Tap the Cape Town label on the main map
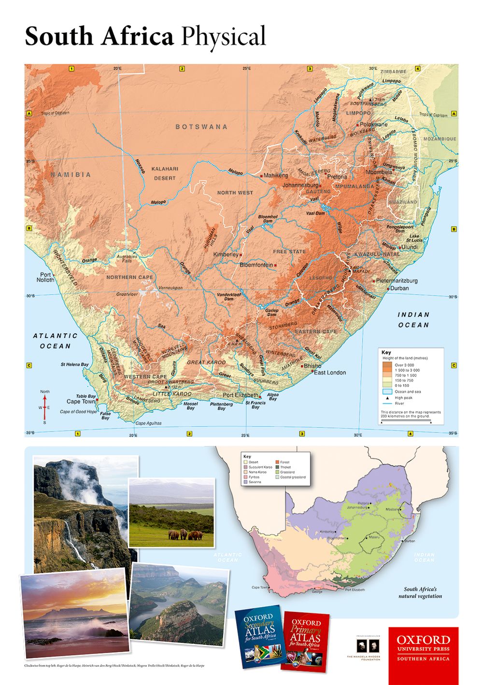81,402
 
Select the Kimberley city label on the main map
226,254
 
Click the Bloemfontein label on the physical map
256,265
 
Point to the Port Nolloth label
45,277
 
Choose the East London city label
330,372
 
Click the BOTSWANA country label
201,127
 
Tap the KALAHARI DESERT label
165,174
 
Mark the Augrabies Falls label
127,259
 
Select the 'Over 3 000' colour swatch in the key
387,365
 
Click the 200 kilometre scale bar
406,421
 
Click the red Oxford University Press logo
423,649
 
